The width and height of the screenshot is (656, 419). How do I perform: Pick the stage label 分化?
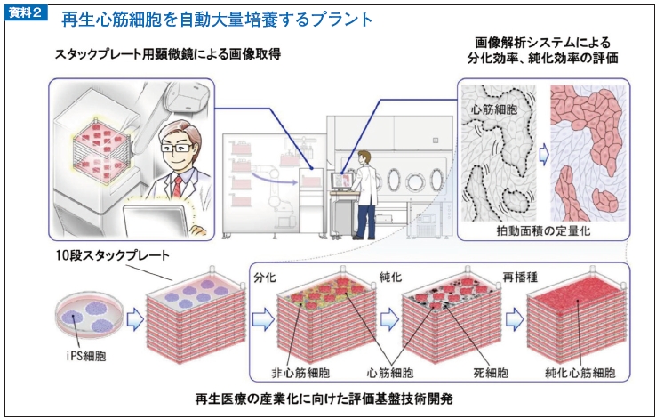264,277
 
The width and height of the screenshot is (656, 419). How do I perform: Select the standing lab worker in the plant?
364,192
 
